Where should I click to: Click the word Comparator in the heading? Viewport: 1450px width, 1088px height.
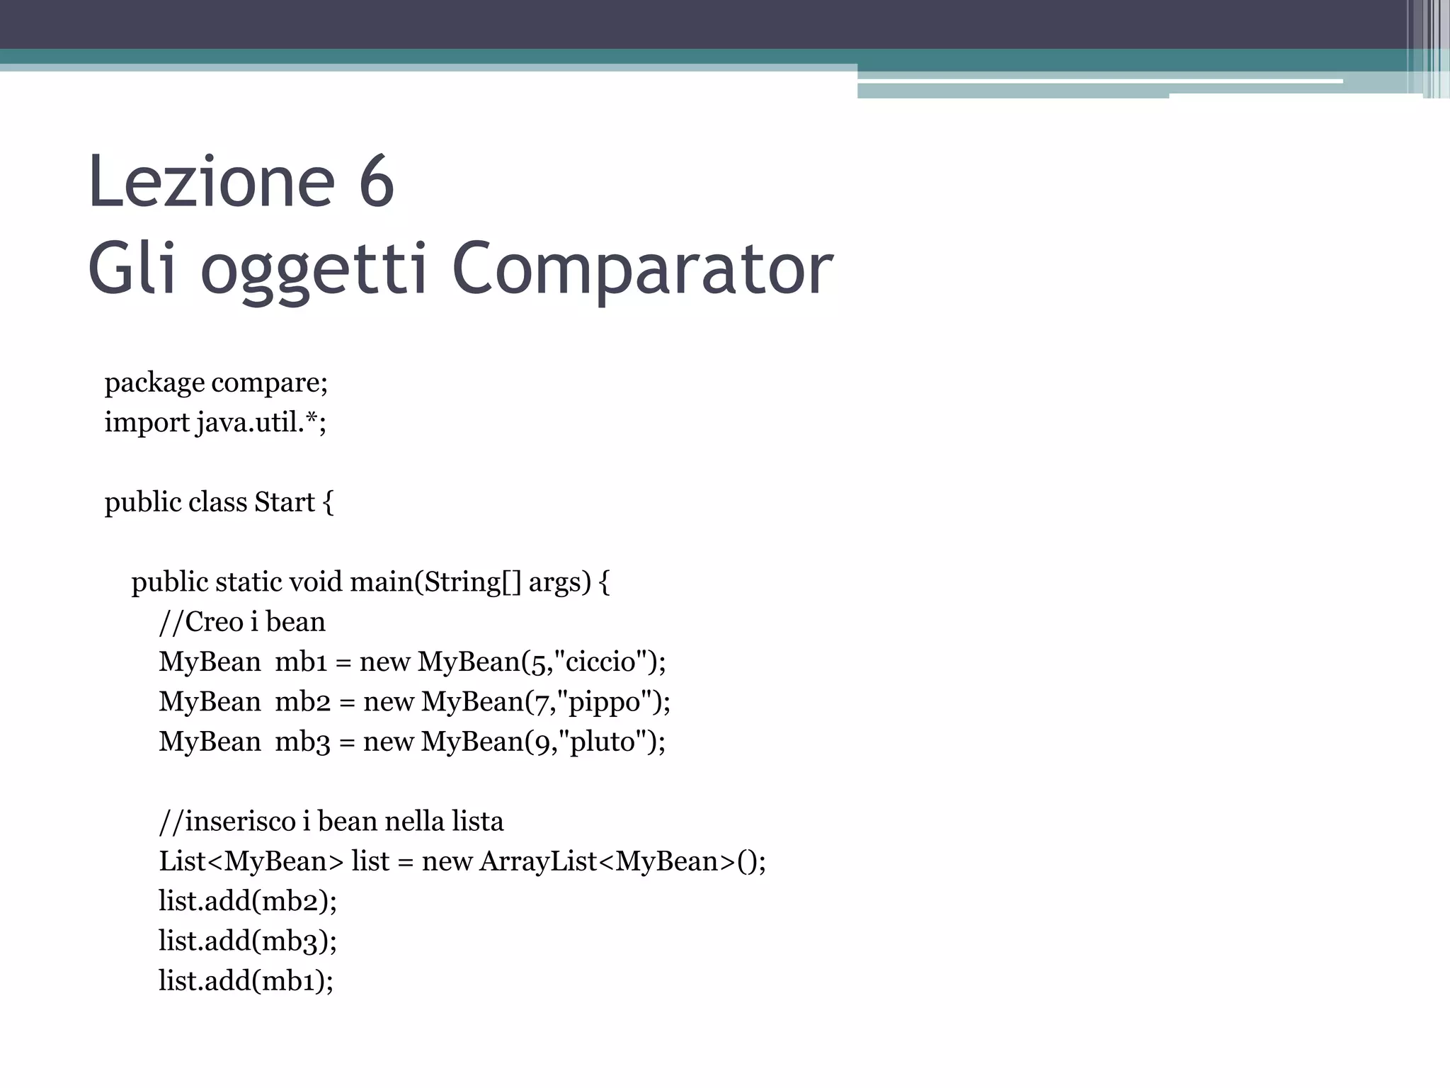[x=642, y=269]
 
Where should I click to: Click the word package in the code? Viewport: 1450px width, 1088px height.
[x=154, y=383]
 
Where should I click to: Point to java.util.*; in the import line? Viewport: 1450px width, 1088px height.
[x=261, y=423]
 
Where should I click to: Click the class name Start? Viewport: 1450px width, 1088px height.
[x=285, y=502]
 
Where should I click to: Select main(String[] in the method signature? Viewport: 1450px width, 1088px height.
[x=435, y=582]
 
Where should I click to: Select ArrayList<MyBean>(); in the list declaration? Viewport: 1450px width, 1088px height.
[x=622, y=861]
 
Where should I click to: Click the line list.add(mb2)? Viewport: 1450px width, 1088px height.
[x=247, y=901]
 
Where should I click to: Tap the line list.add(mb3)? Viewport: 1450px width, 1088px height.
[x=247, y=941]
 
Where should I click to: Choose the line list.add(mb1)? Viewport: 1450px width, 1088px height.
[x=246, y=981]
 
